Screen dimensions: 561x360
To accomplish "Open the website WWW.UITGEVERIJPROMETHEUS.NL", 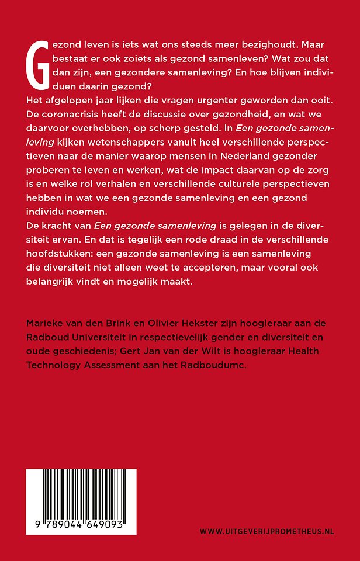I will coord(266,531).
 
